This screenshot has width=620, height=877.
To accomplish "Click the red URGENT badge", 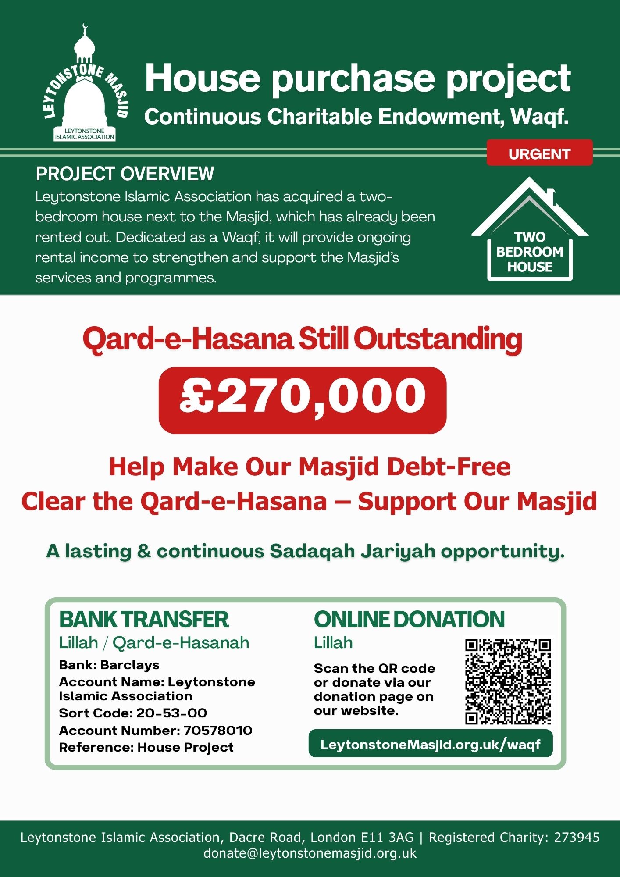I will (x=539, y=153).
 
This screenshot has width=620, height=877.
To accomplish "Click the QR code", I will (x=508, y=681).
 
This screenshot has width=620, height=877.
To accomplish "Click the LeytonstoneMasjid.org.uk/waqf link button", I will (x=431, y=744).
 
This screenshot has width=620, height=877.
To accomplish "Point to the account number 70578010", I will (x=218, y=731).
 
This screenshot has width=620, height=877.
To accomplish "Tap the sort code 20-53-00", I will (x=171, y=713).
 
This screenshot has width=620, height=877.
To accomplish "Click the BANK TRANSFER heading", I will (x=144, y=620).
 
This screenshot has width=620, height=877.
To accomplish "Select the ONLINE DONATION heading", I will (x=409, y=620).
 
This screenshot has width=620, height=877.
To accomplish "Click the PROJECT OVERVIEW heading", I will (x=125, y=174).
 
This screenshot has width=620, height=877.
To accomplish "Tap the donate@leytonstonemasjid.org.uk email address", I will (x=310, y=853).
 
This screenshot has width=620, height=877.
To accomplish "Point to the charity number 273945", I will (x=577, y=838).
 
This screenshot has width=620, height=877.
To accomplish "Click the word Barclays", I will (x=130, y=665).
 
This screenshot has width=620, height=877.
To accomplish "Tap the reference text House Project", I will (x=185, y=748).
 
